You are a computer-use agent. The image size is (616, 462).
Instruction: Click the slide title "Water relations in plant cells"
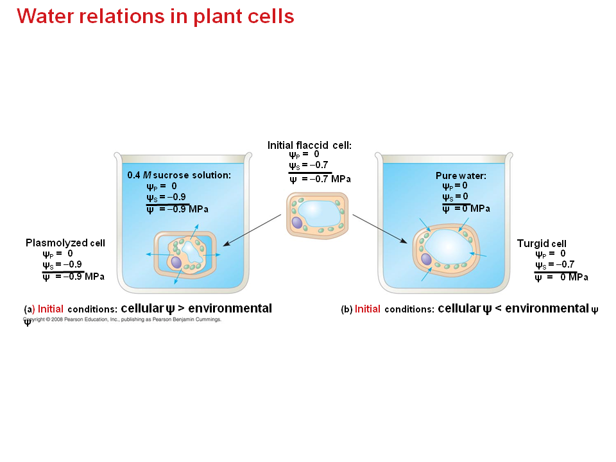tap(155, 17)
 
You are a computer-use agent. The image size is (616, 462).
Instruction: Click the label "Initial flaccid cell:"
tap(309, 145)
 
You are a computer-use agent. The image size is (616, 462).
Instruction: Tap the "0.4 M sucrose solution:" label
tap(179, 175)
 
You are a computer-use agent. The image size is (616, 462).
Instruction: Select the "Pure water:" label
tap(461, 175)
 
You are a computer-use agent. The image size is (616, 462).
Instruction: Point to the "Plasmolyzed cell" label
tap(65, 243)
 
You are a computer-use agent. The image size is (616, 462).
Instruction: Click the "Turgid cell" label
tap(542, 244)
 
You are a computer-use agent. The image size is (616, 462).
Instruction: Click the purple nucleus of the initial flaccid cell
tap(297, 222)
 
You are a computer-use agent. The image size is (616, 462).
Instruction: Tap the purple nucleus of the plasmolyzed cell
tap(176, 262)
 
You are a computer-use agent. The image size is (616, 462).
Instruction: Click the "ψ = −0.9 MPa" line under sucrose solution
tap(177, 209)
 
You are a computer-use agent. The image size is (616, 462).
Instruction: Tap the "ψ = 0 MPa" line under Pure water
tap(466, 209)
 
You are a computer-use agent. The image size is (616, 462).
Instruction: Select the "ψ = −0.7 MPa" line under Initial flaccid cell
tap(320, 179)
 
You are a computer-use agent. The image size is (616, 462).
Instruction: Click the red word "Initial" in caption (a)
tap(51, 309)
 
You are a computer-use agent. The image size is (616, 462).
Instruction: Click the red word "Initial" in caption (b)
tap(368, 309)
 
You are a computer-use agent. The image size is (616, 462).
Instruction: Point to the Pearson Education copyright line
tap(122, 319)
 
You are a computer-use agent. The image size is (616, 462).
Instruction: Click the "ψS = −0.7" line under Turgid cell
tap(555, 264)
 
